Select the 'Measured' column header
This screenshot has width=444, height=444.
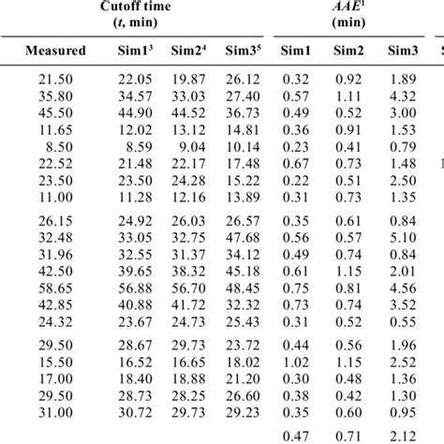56,51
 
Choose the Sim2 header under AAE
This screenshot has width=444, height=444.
347,51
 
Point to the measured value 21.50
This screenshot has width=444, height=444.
56,81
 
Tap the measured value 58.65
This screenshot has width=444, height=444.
56,288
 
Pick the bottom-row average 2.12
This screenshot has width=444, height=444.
403,435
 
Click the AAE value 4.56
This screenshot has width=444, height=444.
403,288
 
